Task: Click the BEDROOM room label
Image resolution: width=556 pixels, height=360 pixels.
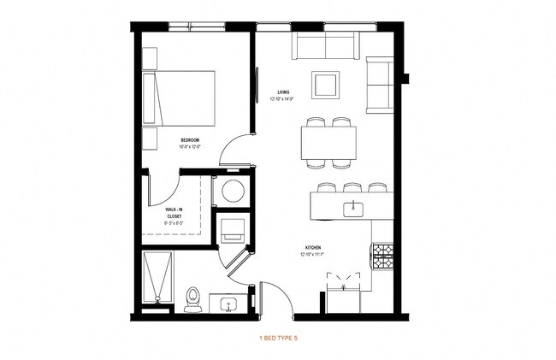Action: point(189,139)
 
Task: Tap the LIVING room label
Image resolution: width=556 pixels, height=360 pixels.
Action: point(283,92)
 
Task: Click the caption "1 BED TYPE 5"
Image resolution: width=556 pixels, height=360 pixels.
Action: point(278,339)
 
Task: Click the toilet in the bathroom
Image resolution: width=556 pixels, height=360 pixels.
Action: point(192,297)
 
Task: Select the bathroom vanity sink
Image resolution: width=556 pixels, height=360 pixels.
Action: point(229,304)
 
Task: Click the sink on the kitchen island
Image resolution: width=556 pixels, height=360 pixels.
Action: point(351,208)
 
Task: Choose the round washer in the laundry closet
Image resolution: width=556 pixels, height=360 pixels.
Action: point(231,191)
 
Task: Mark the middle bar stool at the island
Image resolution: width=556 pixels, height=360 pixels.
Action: point(352,187)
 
